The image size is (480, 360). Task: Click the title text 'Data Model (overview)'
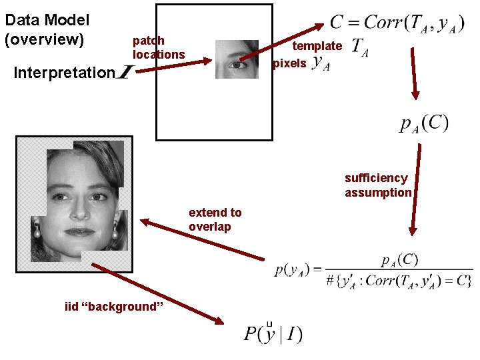[x=47, y=31]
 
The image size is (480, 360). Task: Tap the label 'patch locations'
[x=158, y=47]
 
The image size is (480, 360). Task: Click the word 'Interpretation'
[x=65, y=73]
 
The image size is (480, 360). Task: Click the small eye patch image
[x=237, y=59]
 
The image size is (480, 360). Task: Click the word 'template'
[x=317, y=46]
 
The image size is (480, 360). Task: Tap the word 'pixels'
[x=290, y=63]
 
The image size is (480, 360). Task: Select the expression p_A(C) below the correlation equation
[x=424, y=124]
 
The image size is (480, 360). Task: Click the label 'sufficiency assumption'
[x=378, y=185]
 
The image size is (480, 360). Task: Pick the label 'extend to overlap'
[x=215, y=219]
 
